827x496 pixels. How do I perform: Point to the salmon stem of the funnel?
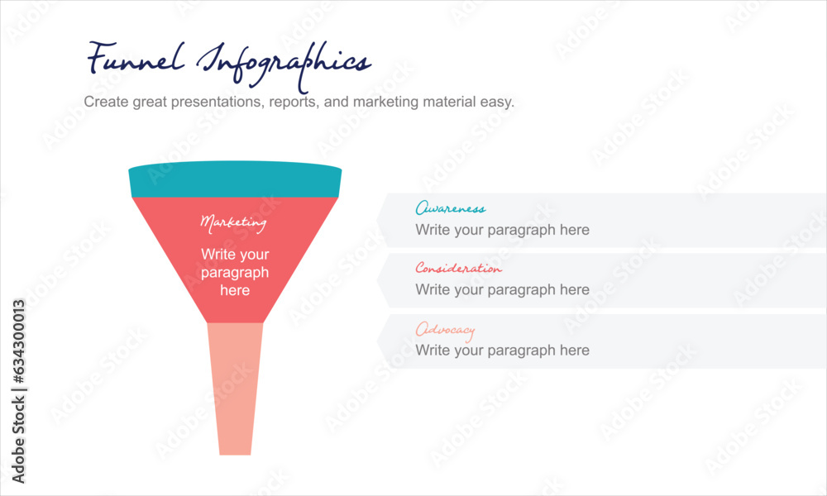pyautogui.click(x=235, y=389)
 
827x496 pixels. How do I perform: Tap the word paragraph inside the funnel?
pyautogui.click(x=235, y=273)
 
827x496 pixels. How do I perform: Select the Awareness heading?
pyautogui.click(x=450, y=209)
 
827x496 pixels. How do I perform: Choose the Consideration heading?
pyautogui.click(x=458, y=269)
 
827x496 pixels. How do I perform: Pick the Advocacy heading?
pyautogui.click(x=445, y=330)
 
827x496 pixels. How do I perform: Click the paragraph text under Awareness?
pyautogui.click(x=502, y=230)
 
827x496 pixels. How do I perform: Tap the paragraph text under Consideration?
pyautogui.click(x=502, y=290)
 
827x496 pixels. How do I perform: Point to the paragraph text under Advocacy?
pyautogui.click(x=502, y=351)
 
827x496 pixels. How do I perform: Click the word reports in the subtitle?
pyautogui.click(x=294, y=103)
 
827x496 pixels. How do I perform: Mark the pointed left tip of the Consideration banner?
pyautogui.click(x=379, y=280)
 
